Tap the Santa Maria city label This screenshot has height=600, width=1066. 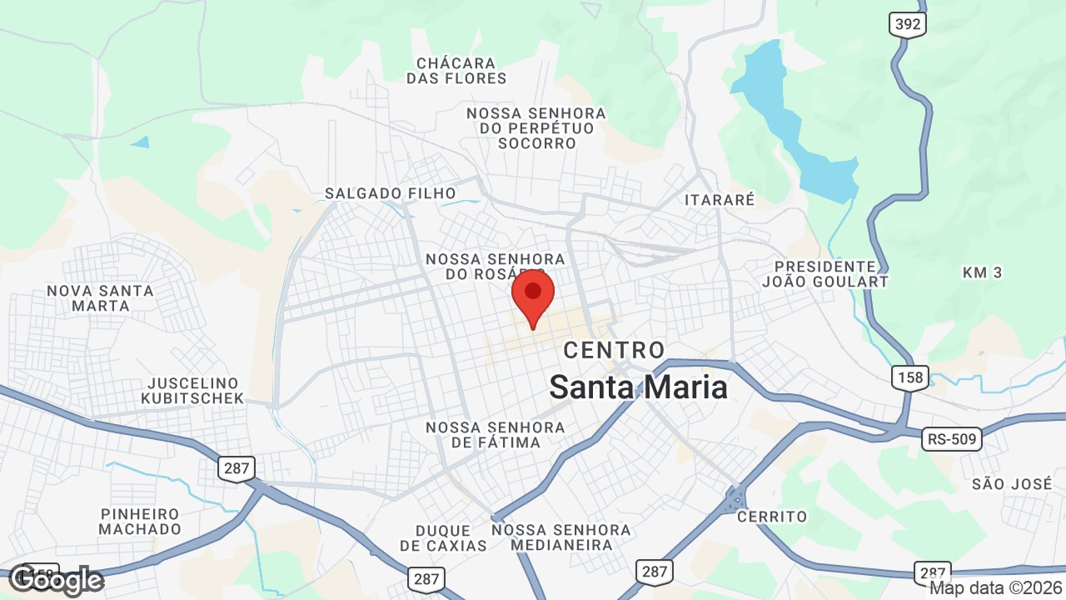click(638, 387)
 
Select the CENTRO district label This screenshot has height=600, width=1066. click(615, 350)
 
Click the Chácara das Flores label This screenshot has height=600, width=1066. click(456, 71)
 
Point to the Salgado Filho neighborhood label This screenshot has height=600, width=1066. click(391, 193)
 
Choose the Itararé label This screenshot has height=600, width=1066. click(720, 200)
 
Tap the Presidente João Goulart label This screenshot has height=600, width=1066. click(824, 274)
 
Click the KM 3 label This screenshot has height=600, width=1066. click(982, 272)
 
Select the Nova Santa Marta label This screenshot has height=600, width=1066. click(100, 298)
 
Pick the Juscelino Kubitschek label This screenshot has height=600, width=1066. click(196, 391)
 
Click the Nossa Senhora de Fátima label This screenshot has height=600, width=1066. click(496, 435)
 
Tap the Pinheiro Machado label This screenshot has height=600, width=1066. click(140, 522)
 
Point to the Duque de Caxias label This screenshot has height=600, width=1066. click(443, 538)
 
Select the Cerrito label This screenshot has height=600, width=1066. click(772, 517)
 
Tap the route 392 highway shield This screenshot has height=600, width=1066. click(907, 24)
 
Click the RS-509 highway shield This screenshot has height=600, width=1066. click(952, 438)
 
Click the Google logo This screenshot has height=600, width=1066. click(56, 579)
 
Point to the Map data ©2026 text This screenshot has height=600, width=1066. click(995, 588)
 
